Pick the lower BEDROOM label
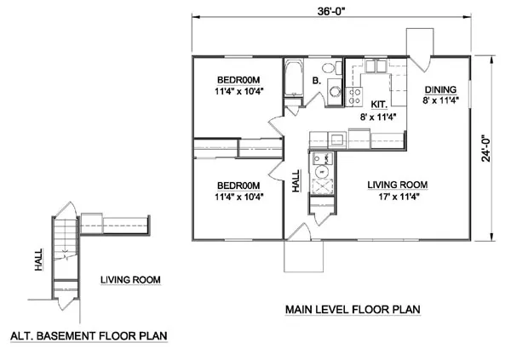(x=233, y=185)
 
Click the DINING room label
(x=440, y=89)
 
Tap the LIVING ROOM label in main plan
(x=397, y=185)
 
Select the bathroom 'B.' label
(x=316, y=82)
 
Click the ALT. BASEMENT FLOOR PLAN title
(x=86, y=335)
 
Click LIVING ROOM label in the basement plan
(x=129, y=279)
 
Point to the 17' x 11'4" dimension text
(x=397, y=196)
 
